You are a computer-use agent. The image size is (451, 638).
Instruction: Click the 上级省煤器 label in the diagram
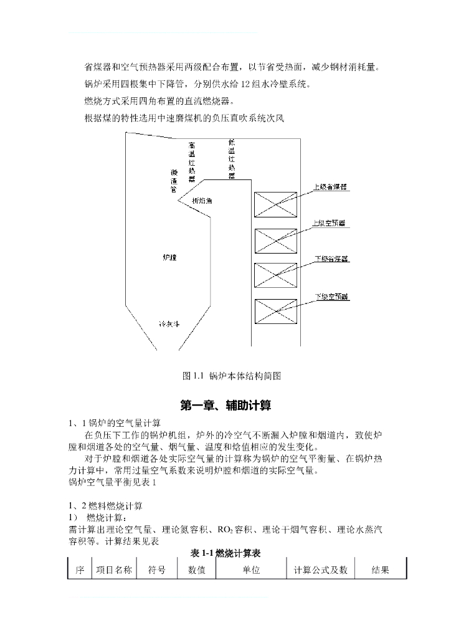[x=330, y=186]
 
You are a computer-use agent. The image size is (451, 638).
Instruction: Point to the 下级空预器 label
[x=331, y=297]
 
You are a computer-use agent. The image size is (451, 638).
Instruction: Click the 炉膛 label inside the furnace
[x=169, y=257]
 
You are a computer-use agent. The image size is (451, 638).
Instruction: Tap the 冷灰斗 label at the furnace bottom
[x=169, y=324]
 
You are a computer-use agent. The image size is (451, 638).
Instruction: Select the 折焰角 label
[x=201, y=201]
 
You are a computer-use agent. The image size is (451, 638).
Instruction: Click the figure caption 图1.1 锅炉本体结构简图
[x=232, y=376]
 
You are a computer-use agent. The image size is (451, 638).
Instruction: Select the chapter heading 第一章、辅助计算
[x=225, y=406]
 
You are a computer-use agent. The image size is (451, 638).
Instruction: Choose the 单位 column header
[x=251, y=569]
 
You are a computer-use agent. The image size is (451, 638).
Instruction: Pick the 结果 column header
[x=380, y=569]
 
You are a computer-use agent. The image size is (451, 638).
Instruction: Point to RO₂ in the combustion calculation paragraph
[x=225, y=530]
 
